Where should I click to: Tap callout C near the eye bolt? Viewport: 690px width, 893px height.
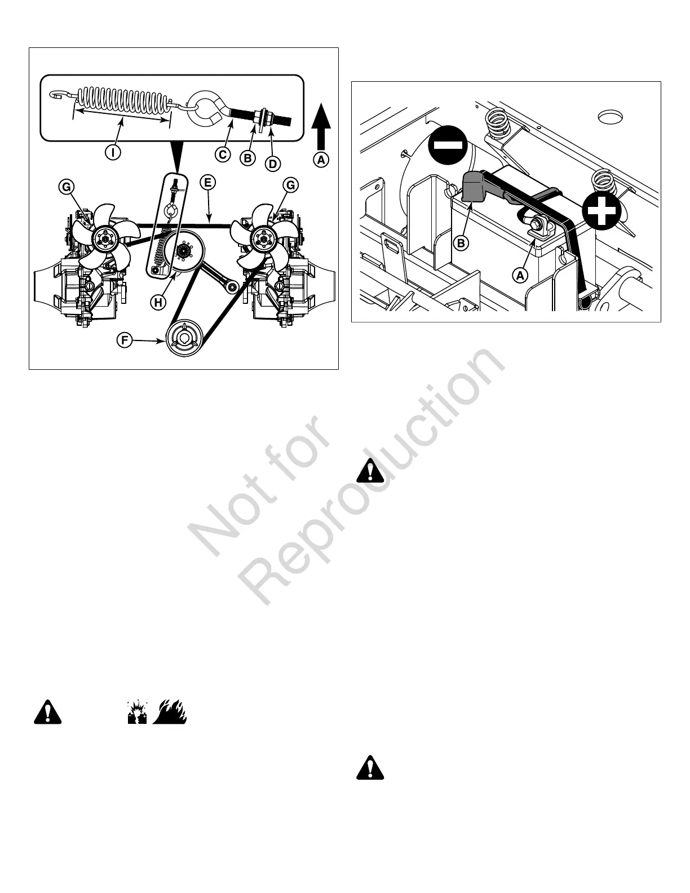[x=223, y=154]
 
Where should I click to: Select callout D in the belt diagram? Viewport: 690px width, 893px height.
[x=272, y=164]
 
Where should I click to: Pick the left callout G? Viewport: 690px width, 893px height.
[x=67, y=186]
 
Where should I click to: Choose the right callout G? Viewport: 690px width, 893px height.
[x=291, y=185]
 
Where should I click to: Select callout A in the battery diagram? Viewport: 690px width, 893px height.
[x=520, y=275]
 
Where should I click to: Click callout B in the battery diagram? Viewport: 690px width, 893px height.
[x=461, y=244]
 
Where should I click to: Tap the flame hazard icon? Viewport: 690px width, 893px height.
[x=170, y=712]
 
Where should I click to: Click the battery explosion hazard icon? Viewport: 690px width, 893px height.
[x=137, y=713]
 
